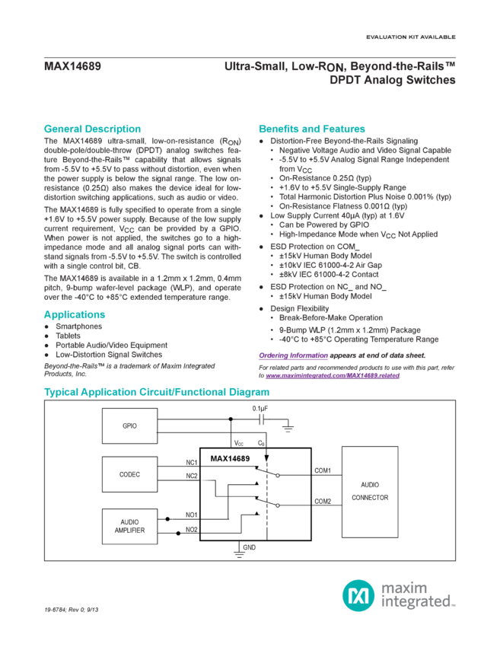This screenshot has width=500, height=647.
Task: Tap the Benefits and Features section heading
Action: click(x=312, y=129)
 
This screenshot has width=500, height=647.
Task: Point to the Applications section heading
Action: click(x=74, y=314)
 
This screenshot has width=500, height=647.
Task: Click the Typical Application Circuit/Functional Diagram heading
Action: click(x=156, y=393)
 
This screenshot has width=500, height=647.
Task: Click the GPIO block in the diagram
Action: click(x=129, y=425)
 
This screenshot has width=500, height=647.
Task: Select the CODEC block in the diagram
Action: click(x=129, y=474)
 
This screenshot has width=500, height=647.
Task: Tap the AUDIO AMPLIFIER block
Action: click(x=129, y=526)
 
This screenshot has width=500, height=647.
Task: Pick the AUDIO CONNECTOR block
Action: click(x=369, y=490)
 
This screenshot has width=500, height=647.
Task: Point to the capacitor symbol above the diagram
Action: click(x=261, y=417)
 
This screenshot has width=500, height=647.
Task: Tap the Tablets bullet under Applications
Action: click(x=65, y=335)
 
